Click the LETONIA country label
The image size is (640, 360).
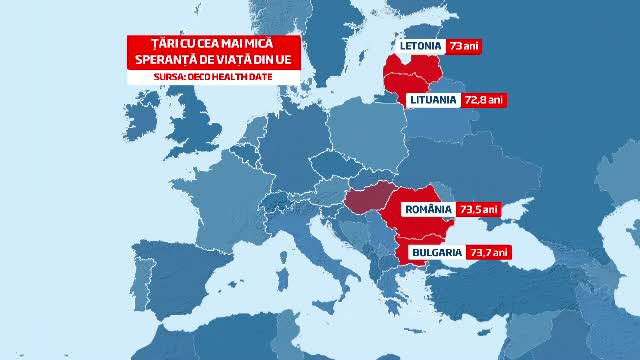(419, 47)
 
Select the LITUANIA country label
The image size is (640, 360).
(433, 100)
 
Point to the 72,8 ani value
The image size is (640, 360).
(484, 100)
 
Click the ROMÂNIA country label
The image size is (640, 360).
(428, 210)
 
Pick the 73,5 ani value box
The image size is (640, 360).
(478, 210)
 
